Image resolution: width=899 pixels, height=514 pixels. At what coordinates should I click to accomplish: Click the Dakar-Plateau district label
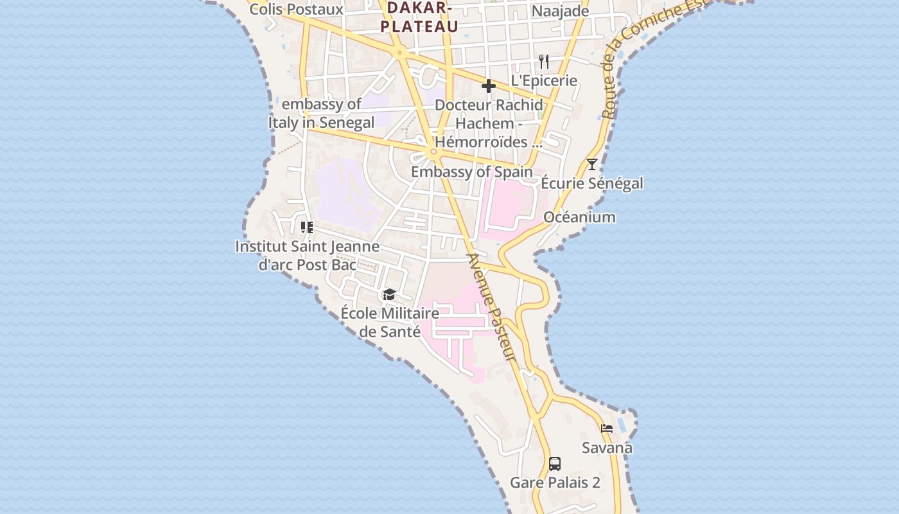(x=419, y=17)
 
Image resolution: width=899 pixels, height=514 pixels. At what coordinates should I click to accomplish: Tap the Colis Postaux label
(x=296, y=9)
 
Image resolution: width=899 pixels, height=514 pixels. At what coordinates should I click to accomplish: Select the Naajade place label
(x=560, y=11)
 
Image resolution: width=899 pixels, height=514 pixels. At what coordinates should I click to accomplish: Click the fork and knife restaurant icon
(x=544, y=62)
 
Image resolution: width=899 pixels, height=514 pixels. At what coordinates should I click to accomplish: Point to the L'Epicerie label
(x=544, y=81)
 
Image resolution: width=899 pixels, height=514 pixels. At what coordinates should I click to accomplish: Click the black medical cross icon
(x=489, y=86)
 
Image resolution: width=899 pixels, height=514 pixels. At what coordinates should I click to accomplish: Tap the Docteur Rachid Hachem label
(x=489, y=123)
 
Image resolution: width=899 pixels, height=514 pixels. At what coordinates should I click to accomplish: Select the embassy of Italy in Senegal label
(x=322, y=113)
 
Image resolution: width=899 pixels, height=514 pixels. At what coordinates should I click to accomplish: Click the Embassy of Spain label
(x=471, y=172)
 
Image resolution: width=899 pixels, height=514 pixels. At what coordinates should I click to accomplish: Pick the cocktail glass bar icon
(x=591, y=164)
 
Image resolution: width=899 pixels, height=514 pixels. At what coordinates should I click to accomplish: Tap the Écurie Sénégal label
(x=591, y=183)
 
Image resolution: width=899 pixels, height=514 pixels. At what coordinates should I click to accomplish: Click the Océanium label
(x=579, y=217)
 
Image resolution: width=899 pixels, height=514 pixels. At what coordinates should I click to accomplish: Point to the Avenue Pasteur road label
(x=492, y=306)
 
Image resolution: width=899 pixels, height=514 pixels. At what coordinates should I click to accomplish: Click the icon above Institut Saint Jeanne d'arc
(x=307, y=227)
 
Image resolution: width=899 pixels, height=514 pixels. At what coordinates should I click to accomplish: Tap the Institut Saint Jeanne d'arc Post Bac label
(x=307, y=255)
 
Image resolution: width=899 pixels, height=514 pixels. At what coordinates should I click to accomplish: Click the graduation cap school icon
(x=389, y=295)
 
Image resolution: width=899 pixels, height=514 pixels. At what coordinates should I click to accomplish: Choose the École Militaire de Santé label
(x=390, y=322)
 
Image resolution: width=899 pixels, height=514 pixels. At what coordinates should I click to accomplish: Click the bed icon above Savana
(x=607, y=429)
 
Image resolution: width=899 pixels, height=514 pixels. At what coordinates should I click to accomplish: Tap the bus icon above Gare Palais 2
(x=555, y=463)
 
